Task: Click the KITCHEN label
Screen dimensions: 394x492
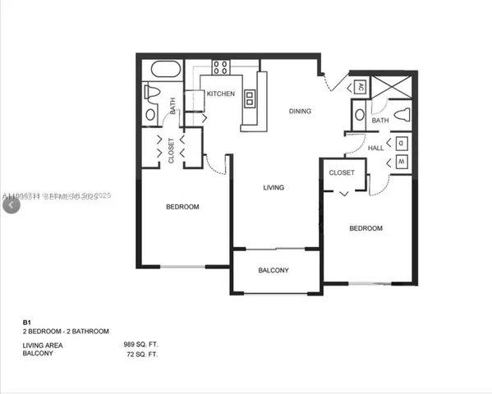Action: pyautogui.click(x=220, y=94)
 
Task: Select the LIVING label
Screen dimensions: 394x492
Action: pyautogui.click(x=273, y=188)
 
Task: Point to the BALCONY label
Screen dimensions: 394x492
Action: pyautogui.click(x=273, y=271)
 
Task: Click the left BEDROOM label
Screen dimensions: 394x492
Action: pyautogui.click(x=182, y=207)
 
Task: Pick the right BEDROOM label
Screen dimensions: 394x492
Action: pyautogui.click(x=366, y=228)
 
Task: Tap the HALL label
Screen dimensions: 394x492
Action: pyautogui.click(x=376, y=148)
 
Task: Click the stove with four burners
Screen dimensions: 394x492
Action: pyautogui.click(x=221, y=68)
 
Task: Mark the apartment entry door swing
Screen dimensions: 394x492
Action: pyautogui.click(x=333, y=82)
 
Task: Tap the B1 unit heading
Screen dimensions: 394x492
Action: pyautogui.click(x=26, y=322)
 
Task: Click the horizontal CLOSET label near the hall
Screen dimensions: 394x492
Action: pyautogui.click(x=342, y=173)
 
